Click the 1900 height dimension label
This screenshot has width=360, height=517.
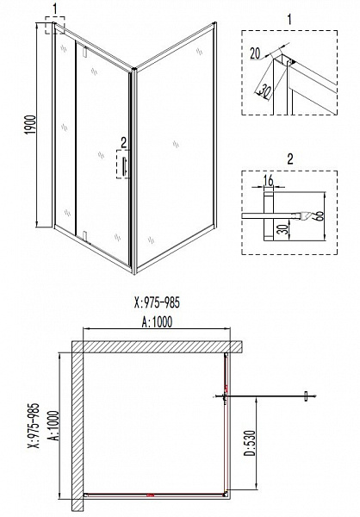click(30, 125)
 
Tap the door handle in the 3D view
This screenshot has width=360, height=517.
click(125, 165)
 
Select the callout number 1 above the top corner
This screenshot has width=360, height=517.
click(55, 9)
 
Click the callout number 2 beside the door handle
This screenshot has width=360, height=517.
click(123, 142)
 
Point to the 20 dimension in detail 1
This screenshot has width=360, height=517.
click(255, 53)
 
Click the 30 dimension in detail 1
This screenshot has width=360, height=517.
click(263, 90)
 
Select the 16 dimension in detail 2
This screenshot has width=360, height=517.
click(269, 181)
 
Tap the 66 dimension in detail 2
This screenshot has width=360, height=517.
click(320, 216)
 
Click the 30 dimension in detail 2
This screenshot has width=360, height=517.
click(285, 229)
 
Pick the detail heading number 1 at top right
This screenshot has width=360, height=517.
click(289, 20)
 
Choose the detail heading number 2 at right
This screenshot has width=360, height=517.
click(289, 159)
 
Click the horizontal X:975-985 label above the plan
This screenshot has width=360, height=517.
click(158, 302)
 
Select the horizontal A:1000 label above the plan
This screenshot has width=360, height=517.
click(157, 321)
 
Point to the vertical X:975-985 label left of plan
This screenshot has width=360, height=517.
click(34, 426)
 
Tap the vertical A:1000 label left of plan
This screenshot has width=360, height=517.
click(54, 426)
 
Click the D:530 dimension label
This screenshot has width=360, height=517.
click(249, 443)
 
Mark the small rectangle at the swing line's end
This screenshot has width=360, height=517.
click(307, 396)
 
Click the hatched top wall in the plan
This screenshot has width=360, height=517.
click(158, 346)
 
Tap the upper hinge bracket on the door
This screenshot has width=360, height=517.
click(85, 52)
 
